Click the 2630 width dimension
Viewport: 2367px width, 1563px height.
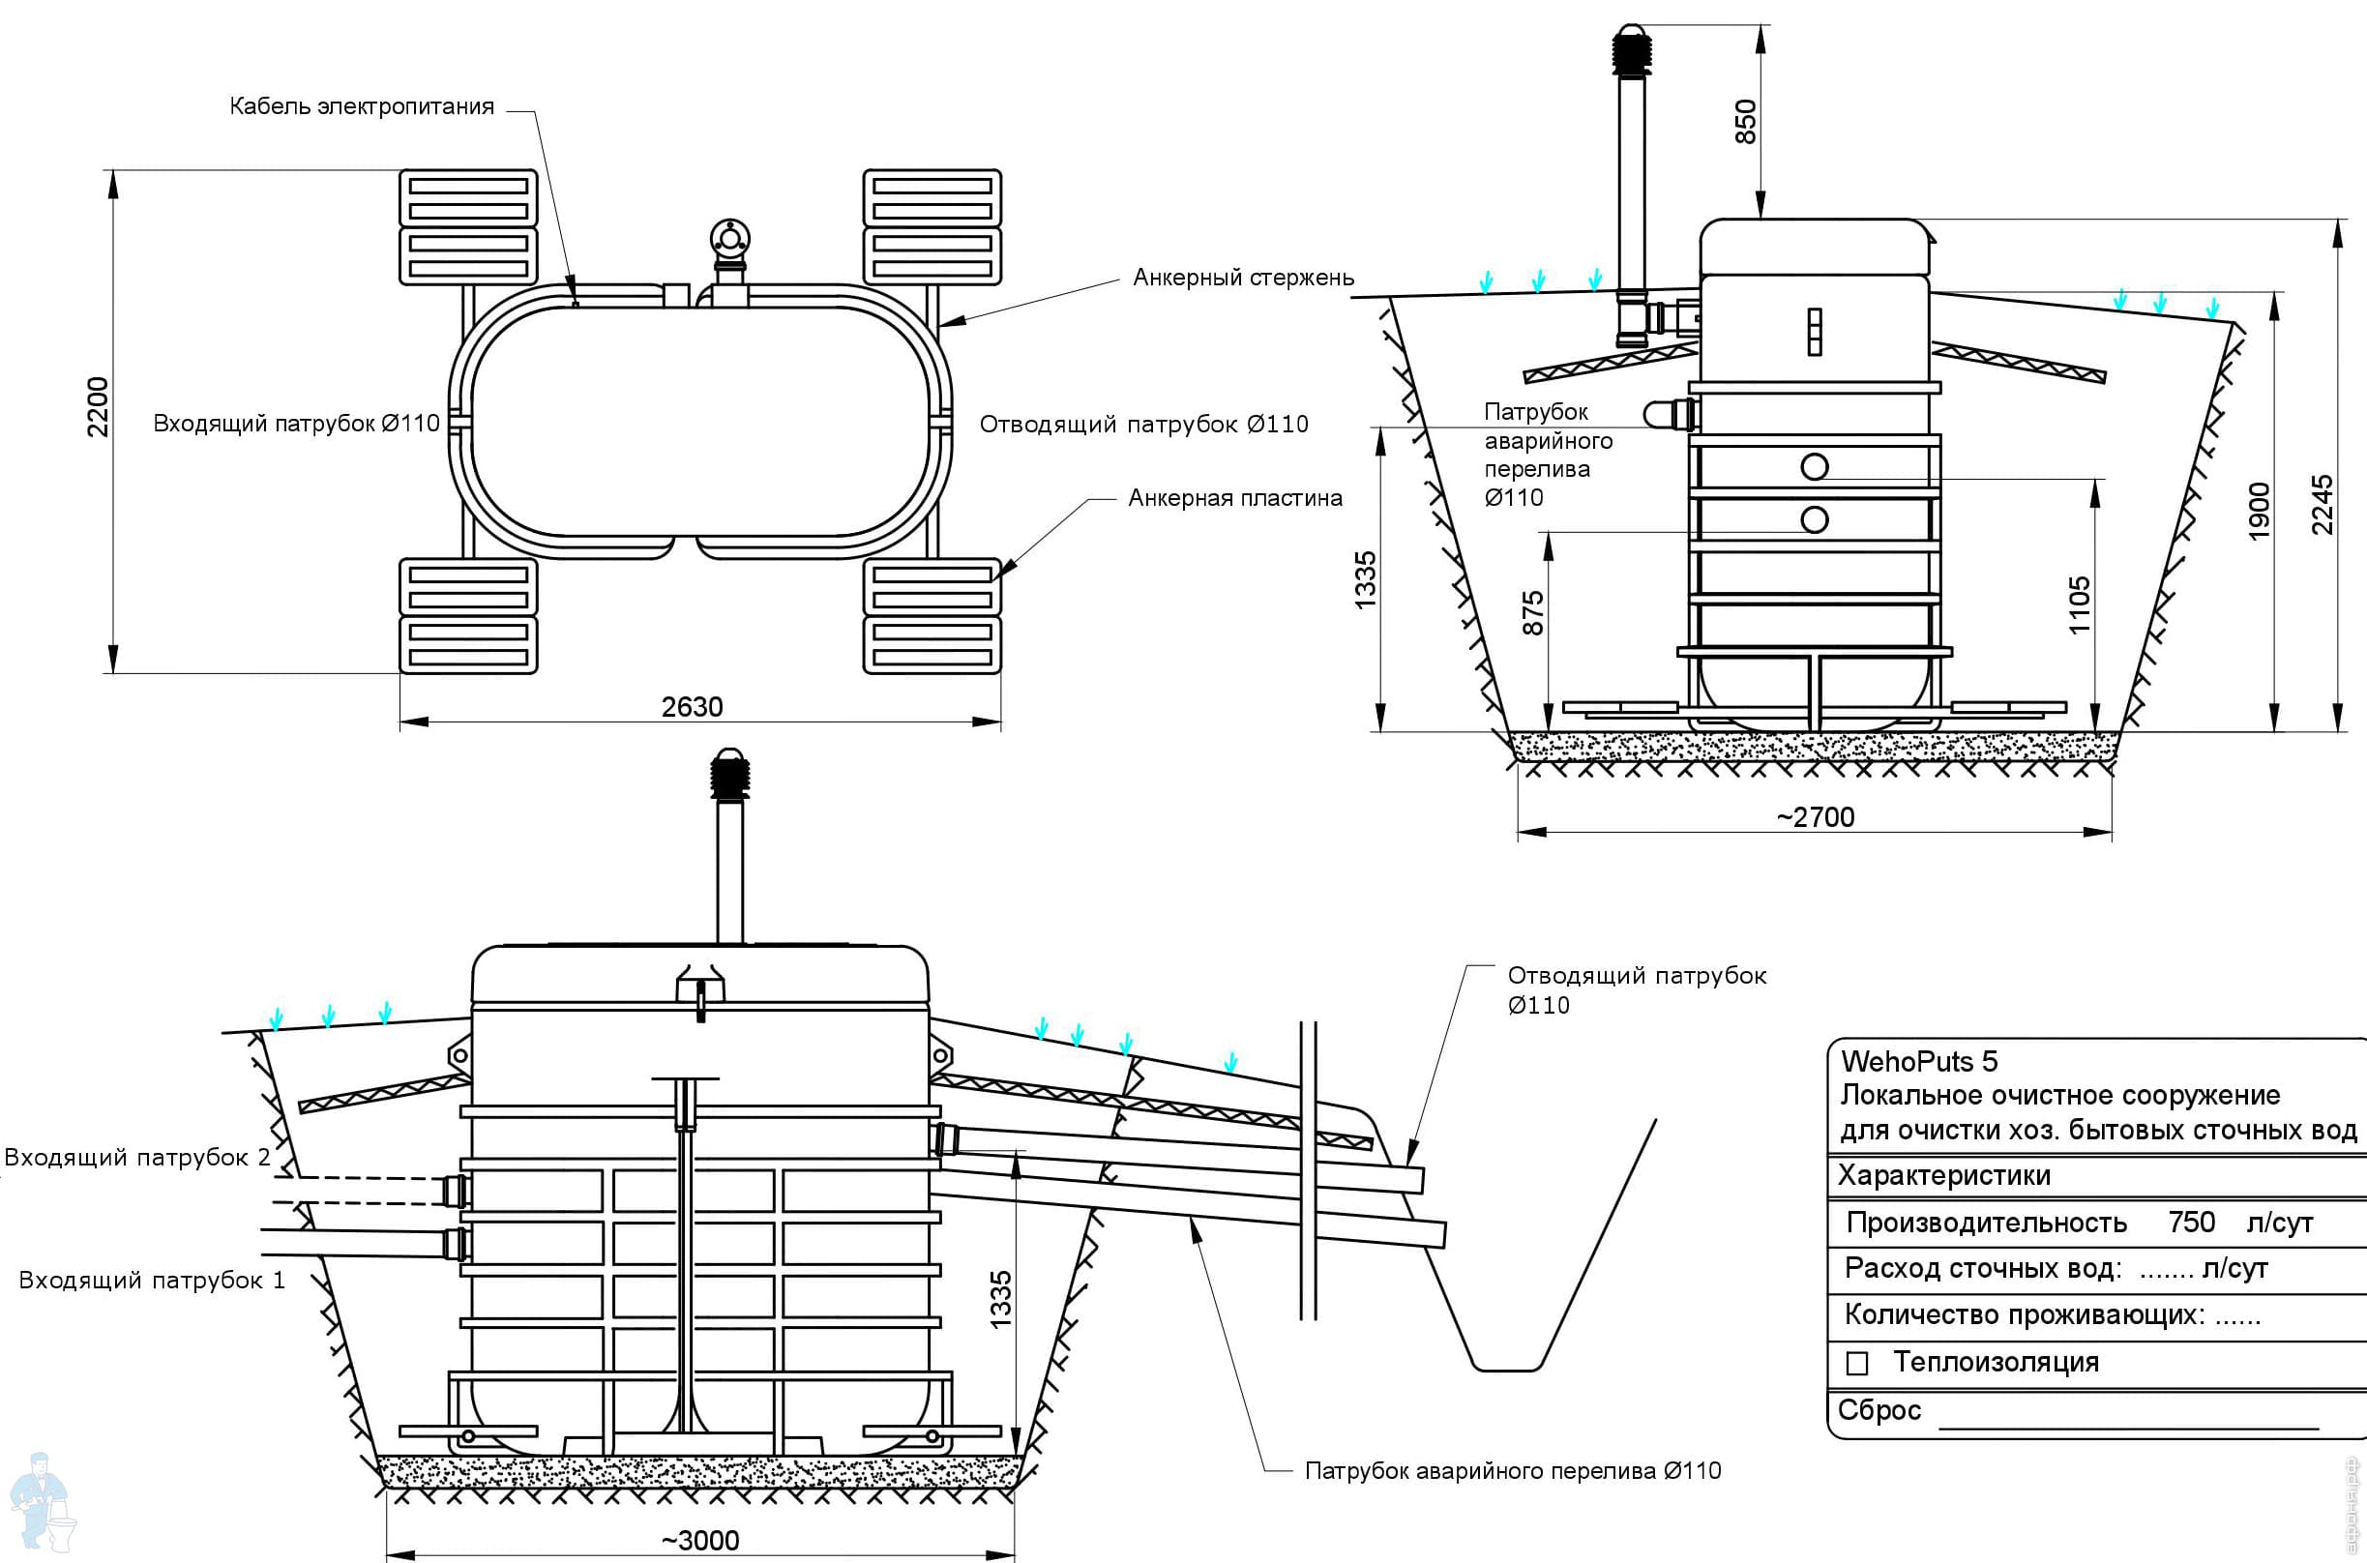pos(692,707)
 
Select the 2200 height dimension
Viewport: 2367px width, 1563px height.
pos(98,405)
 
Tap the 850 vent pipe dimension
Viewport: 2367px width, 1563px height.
pos(1745,121)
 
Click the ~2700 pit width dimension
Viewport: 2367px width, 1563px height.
pos(1815,817)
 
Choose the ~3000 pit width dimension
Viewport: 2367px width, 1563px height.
pos(700,1540)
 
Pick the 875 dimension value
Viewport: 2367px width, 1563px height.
pos(1534,612)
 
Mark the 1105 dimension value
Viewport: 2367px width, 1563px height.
pos(2079,605)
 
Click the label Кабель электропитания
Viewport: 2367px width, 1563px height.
pos(362,106)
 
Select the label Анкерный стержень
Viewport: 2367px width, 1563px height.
pos(1243,278)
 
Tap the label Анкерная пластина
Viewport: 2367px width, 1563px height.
pos(1235,498)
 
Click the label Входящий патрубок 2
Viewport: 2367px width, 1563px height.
pos(137,1158)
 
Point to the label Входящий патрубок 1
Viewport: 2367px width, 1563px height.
pos(153,1280)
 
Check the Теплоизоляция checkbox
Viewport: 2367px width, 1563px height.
pos(1856,1364)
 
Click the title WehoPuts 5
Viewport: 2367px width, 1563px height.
pos(1918,1061)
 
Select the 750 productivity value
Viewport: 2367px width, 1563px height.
pos(2192,1223)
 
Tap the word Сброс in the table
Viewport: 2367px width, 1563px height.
pos(1879,1410)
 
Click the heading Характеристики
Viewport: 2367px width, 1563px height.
pos(1943,1175)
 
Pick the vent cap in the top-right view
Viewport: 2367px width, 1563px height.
pos(1632,45)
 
